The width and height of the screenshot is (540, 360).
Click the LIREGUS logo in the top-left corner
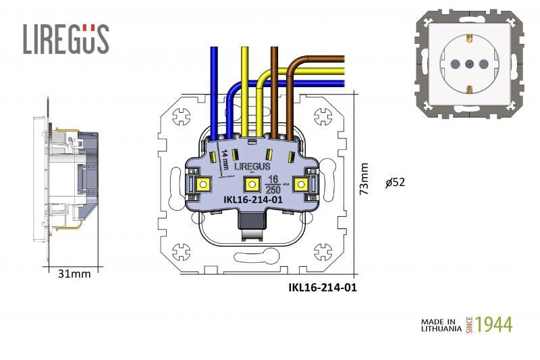65,39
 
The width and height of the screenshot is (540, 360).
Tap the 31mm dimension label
74,274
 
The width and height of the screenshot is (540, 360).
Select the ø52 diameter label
395,182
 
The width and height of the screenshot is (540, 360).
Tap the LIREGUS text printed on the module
252,166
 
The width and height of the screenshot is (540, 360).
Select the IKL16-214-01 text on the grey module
252,200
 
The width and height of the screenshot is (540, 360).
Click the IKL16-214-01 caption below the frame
322,287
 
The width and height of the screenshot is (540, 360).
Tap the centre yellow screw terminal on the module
251,184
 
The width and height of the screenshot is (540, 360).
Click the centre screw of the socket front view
469,65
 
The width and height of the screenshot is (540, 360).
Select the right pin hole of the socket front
484,65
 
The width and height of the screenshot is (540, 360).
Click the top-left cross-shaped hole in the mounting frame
182,115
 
